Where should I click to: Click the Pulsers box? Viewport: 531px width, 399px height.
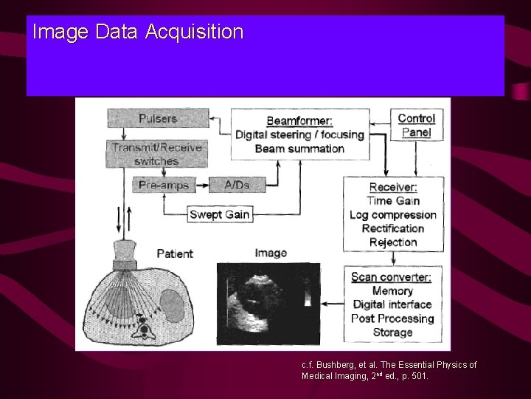pos(157,117)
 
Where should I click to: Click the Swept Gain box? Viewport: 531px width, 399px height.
pos(220,214)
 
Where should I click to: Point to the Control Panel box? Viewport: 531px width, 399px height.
pos(417,125)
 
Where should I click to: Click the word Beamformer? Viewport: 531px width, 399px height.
pos(298,120)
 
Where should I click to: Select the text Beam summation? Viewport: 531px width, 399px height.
pos(299,148)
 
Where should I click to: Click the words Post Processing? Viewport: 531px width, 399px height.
pos(393,318)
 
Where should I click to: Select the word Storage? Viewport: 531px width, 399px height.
pos(393,332)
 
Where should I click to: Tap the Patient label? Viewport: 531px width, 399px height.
pos(175,253)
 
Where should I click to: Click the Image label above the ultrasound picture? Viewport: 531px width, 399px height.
pos(270,253)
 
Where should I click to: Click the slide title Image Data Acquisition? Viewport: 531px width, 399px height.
pos(138,33)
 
